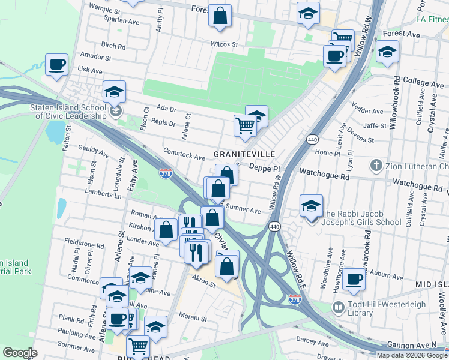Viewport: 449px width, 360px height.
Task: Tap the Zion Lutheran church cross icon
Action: (x=376, y=165)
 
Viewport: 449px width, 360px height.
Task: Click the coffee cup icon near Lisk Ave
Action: (x=56, y=65)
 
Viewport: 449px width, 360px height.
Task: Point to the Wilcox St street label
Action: (x=224, y=44)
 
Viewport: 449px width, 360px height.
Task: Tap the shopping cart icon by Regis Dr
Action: (x=245, y=127)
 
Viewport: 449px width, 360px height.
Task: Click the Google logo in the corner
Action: (x=20, y=353)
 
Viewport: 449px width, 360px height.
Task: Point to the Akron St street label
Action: (x=205, y=280)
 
